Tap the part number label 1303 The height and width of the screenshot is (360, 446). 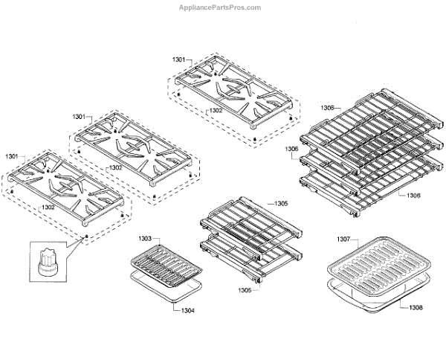(146, 239)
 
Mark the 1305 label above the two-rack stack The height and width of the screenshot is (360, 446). (281, 202)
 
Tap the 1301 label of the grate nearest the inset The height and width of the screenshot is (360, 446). (12, 157)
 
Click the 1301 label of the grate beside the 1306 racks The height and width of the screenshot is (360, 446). (179, 58)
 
